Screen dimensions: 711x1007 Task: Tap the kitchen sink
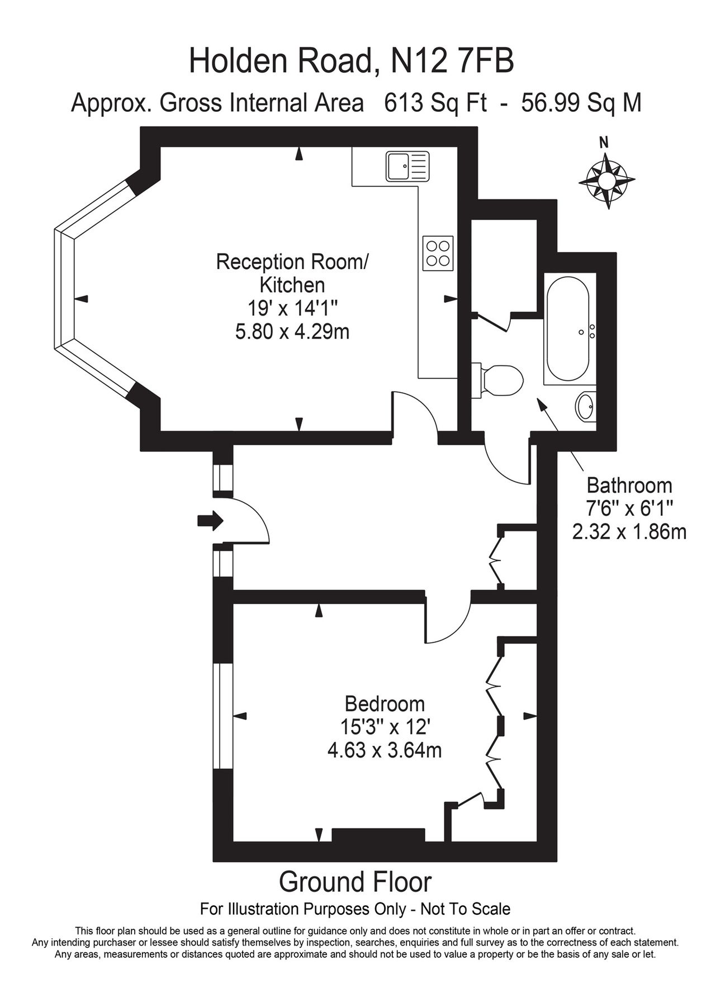point(407,166)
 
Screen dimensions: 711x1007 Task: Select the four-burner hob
point(438,253)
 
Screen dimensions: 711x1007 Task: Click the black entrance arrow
point(210,521)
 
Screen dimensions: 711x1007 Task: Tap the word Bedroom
point(385,703)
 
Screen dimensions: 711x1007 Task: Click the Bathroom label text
point(629,485)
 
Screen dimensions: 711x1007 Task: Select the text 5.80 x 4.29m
point(292,332)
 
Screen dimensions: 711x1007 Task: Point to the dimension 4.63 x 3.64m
point(385,750)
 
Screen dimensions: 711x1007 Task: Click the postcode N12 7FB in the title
point(452,61)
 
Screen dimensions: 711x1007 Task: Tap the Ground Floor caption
point(355,882)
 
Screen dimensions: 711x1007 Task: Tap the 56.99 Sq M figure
point(581,103)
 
